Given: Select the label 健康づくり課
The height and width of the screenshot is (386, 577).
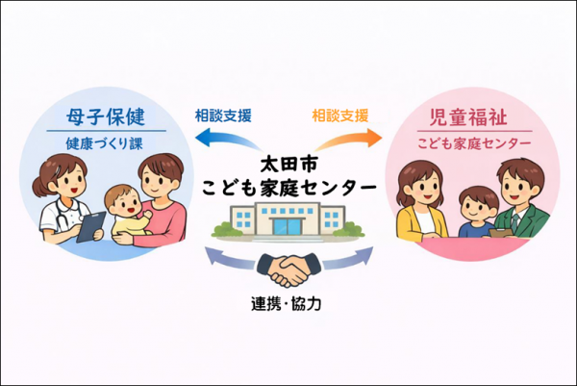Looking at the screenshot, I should click(105, 143).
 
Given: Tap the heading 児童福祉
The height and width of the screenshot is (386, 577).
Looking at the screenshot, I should click(469, 119).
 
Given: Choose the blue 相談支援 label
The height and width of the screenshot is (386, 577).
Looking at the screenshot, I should click(223, 116).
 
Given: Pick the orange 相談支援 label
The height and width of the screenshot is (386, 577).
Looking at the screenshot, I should click(340, 116).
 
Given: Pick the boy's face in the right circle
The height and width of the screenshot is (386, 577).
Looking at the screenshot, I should click(473, 205).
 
